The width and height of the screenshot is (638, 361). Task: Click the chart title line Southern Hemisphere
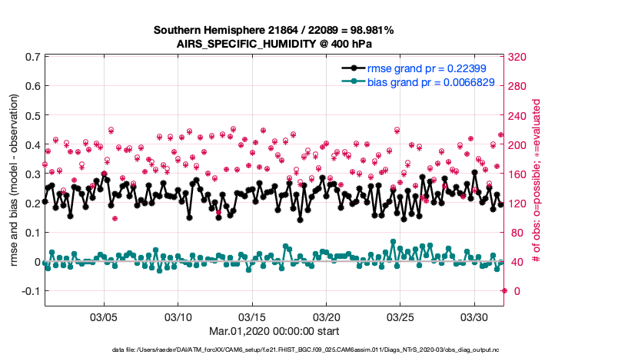tap(274, 30)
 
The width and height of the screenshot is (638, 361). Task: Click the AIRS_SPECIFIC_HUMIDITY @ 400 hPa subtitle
tap(274, 44)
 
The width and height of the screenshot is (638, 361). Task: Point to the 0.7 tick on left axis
tap(32, 57)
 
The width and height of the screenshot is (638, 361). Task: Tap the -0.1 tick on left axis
tap(30, 291)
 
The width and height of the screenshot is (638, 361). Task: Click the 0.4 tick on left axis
tap(32, 144)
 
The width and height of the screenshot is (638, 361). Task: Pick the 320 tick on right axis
tap(517, 57)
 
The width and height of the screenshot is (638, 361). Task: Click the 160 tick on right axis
tap(517, 174)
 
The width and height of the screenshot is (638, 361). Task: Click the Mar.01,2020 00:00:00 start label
tap(274, 331)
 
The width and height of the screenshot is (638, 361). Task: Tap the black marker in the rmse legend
tap(353, 68)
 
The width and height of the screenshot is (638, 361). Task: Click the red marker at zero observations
tap(503, 290)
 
